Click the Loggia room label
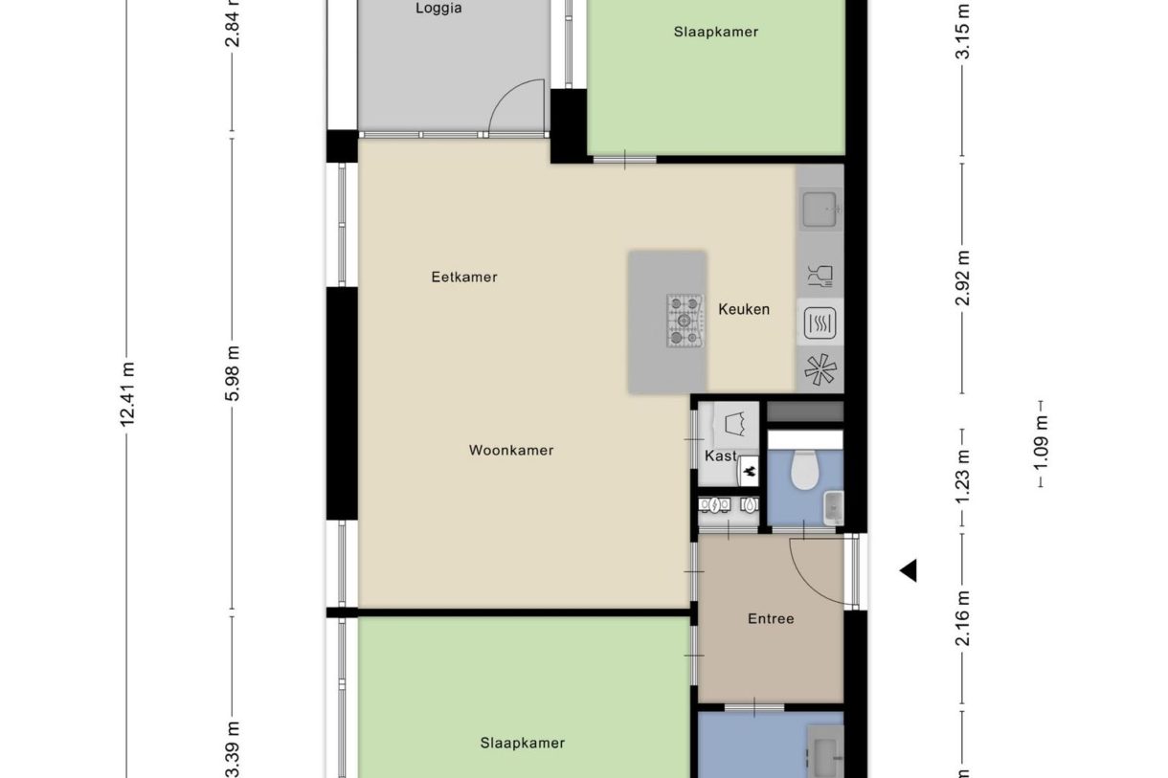pos(438,9)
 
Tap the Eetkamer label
pos(464,278)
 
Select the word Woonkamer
pos(511,450)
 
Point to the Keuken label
pos(744,309)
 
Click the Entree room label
pos(771,619)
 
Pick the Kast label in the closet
pos(720,456)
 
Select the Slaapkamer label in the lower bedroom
pos(523,743)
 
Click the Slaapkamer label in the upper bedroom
pos(716,32)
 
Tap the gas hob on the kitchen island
pos(685,320)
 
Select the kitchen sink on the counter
pos(820,207)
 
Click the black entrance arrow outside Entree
pos(908,570)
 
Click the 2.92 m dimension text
pos(963,278)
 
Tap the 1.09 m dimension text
pos(1041,444)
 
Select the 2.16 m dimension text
pos(963,618)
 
